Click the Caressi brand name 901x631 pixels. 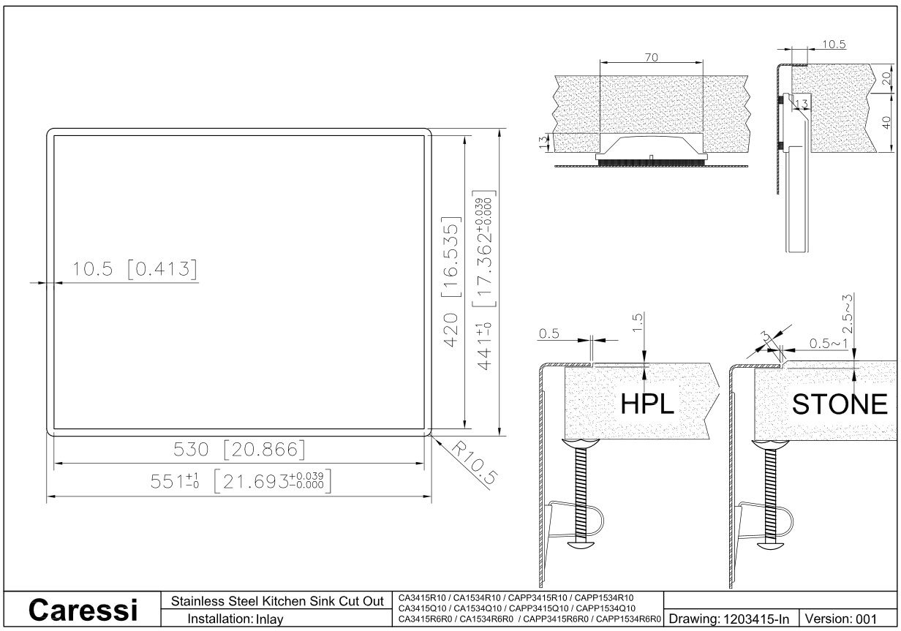pos(83,610)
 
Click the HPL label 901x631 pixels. pos(646,404)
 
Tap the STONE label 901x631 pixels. pos(840,404)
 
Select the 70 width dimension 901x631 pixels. pos(651,58)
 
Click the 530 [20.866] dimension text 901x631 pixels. pos(239,449)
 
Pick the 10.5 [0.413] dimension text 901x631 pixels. pos(135,268)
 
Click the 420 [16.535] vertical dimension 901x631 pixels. pos(451,282)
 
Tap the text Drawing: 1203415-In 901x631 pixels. pos(729,619)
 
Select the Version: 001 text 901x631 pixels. pos(840,619)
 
